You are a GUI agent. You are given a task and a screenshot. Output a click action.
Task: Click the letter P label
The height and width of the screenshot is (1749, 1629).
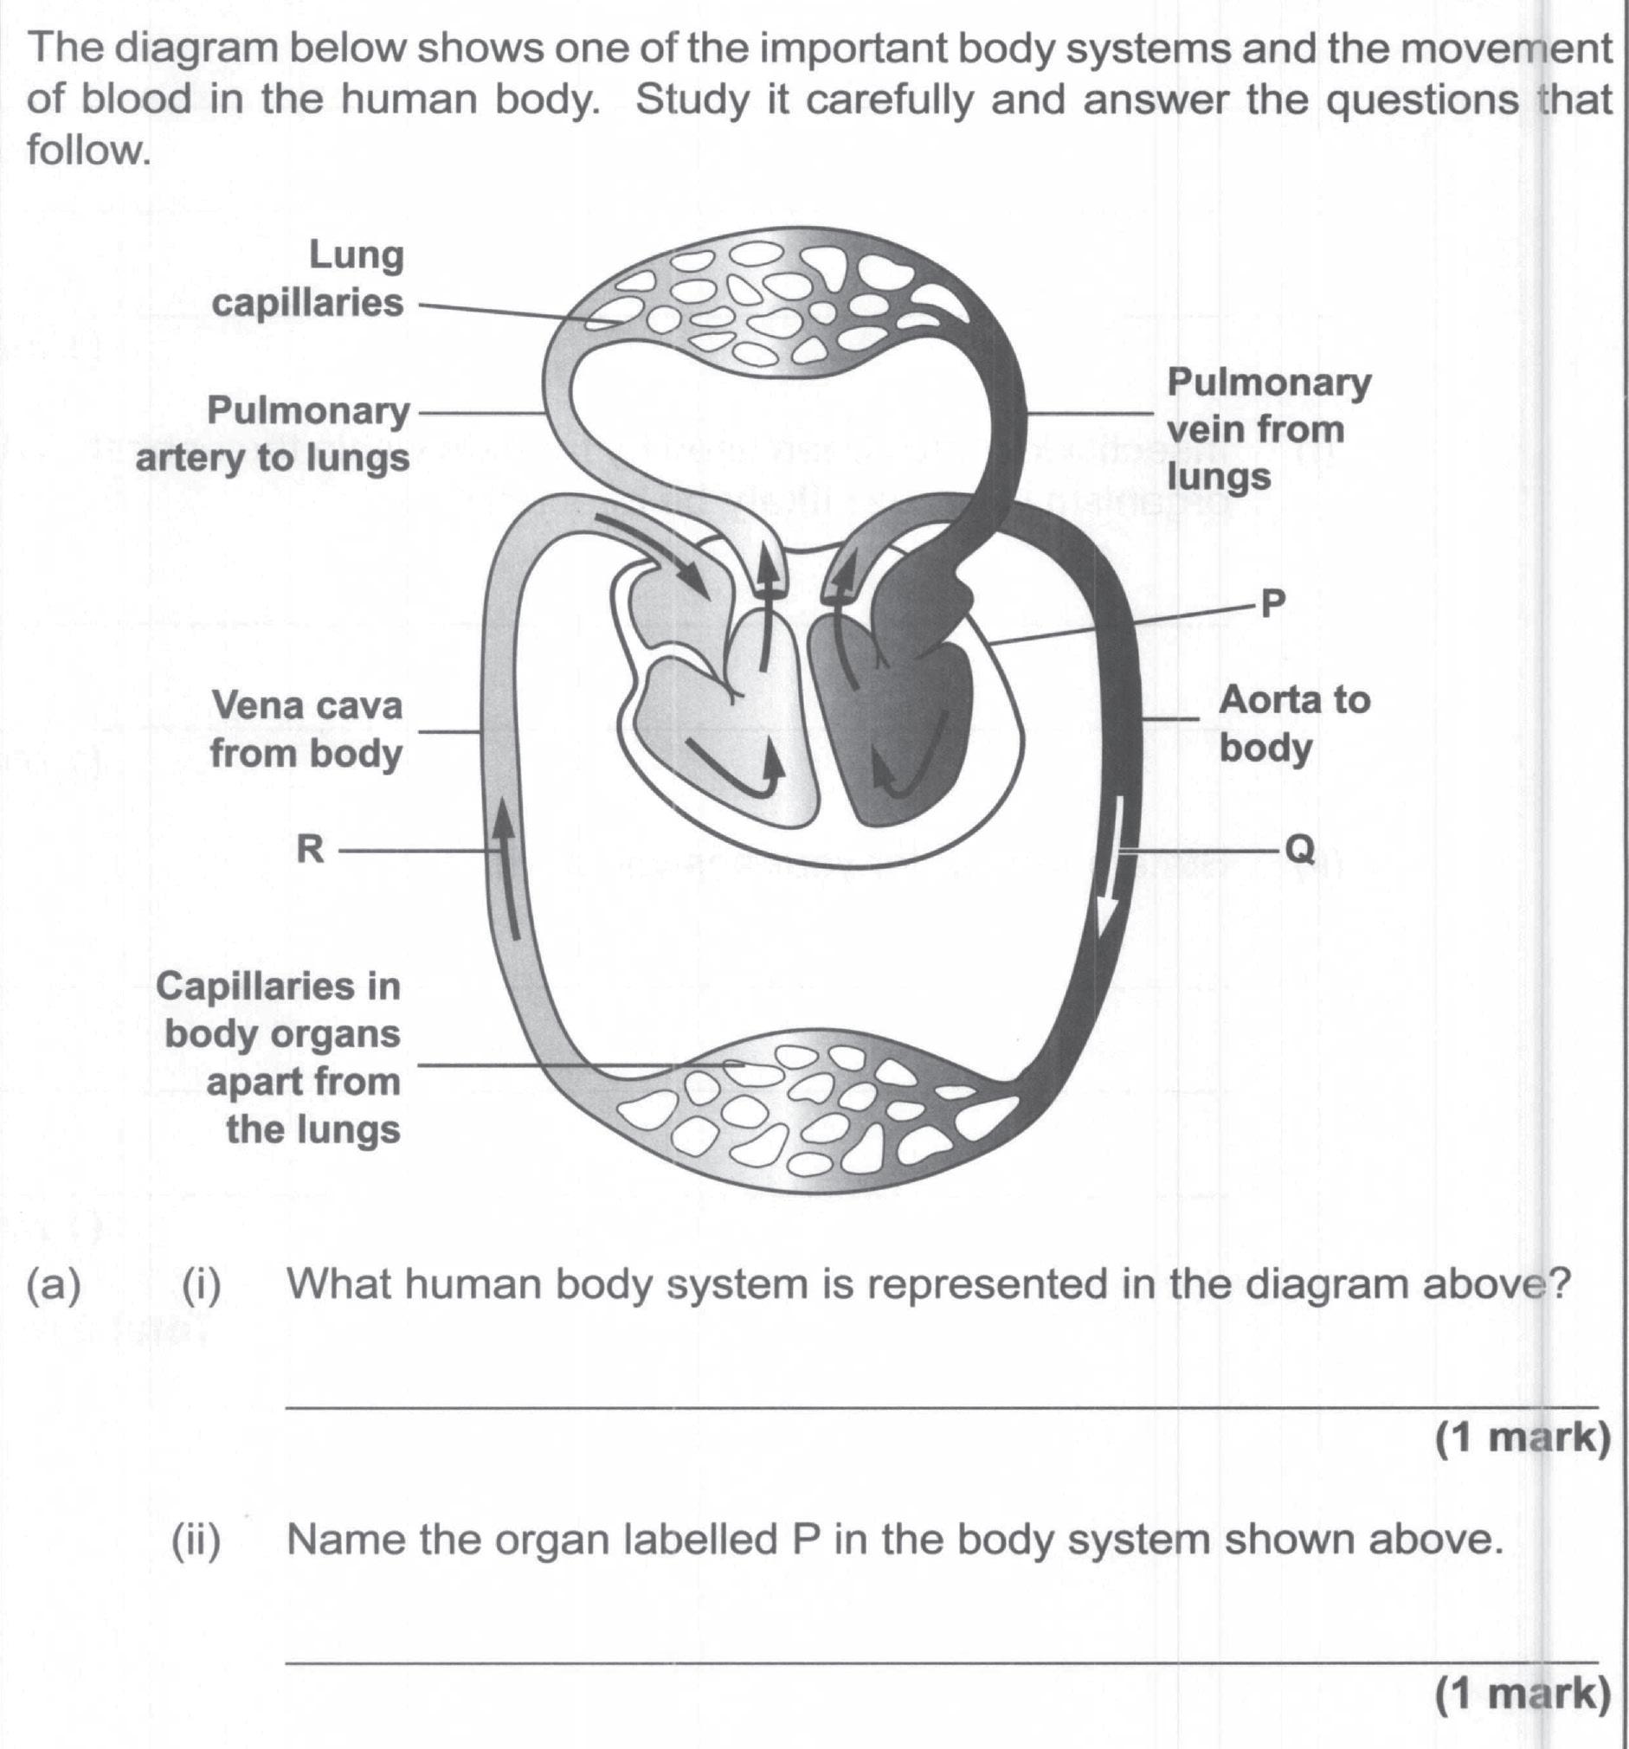click(x=1272, y=603)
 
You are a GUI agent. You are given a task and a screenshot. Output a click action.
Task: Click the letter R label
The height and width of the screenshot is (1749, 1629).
click(x=310, y=850)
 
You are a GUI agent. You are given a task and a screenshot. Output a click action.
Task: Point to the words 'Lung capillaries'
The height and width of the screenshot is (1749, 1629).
click(x=308, y=279)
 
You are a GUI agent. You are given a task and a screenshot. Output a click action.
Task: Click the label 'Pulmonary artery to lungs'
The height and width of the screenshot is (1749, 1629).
click(x=273, y=434)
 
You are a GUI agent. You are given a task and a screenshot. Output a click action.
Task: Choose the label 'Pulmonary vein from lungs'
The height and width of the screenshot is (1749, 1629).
click(x=1268, y=429)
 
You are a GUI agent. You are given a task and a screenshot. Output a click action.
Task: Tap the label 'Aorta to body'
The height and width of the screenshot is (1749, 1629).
click(x=1294, y=724)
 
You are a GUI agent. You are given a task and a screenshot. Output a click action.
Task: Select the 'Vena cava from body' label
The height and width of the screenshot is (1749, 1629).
click(x=306, y=730)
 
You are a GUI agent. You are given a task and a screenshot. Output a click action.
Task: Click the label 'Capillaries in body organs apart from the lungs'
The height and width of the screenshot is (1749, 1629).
click(x=280, y=1058)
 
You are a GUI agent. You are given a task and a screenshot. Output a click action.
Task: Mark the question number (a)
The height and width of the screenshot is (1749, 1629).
click(x=55, y=1284)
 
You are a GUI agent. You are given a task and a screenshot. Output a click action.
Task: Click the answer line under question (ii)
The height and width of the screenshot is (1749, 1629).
click(x=942, y=1661)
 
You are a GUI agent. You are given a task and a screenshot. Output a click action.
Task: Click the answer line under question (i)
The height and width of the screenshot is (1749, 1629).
click(x=942, y=1407)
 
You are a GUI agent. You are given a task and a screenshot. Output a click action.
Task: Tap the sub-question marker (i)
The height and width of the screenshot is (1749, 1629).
click(x=203, y=1284)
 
